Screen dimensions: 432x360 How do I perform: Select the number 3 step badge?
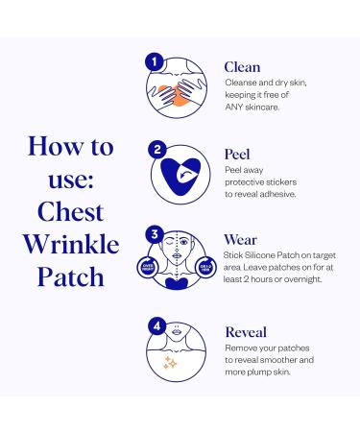tap(152, 234)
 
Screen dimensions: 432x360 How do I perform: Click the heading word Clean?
tap(242, 67)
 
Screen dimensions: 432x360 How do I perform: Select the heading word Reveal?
tap(246, 331)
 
